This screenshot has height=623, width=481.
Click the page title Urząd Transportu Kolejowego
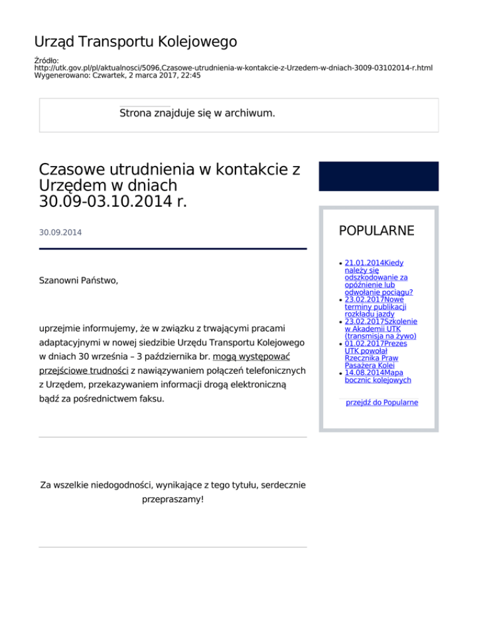[135, 42]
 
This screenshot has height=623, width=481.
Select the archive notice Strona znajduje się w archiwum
[197, 114]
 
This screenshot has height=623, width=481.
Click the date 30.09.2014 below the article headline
[60, 233]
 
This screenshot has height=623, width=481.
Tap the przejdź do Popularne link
[382, 402]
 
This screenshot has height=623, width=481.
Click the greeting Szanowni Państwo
[78, 281]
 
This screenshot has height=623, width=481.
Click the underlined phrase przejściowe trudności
[83, 371]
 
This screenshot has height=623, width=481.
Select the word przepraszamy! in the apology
[172, 501]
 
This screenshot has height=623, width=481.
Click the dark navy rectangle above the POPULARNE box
[378, 176]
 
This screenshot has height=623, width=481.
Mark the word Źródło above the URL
[46, 60]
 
